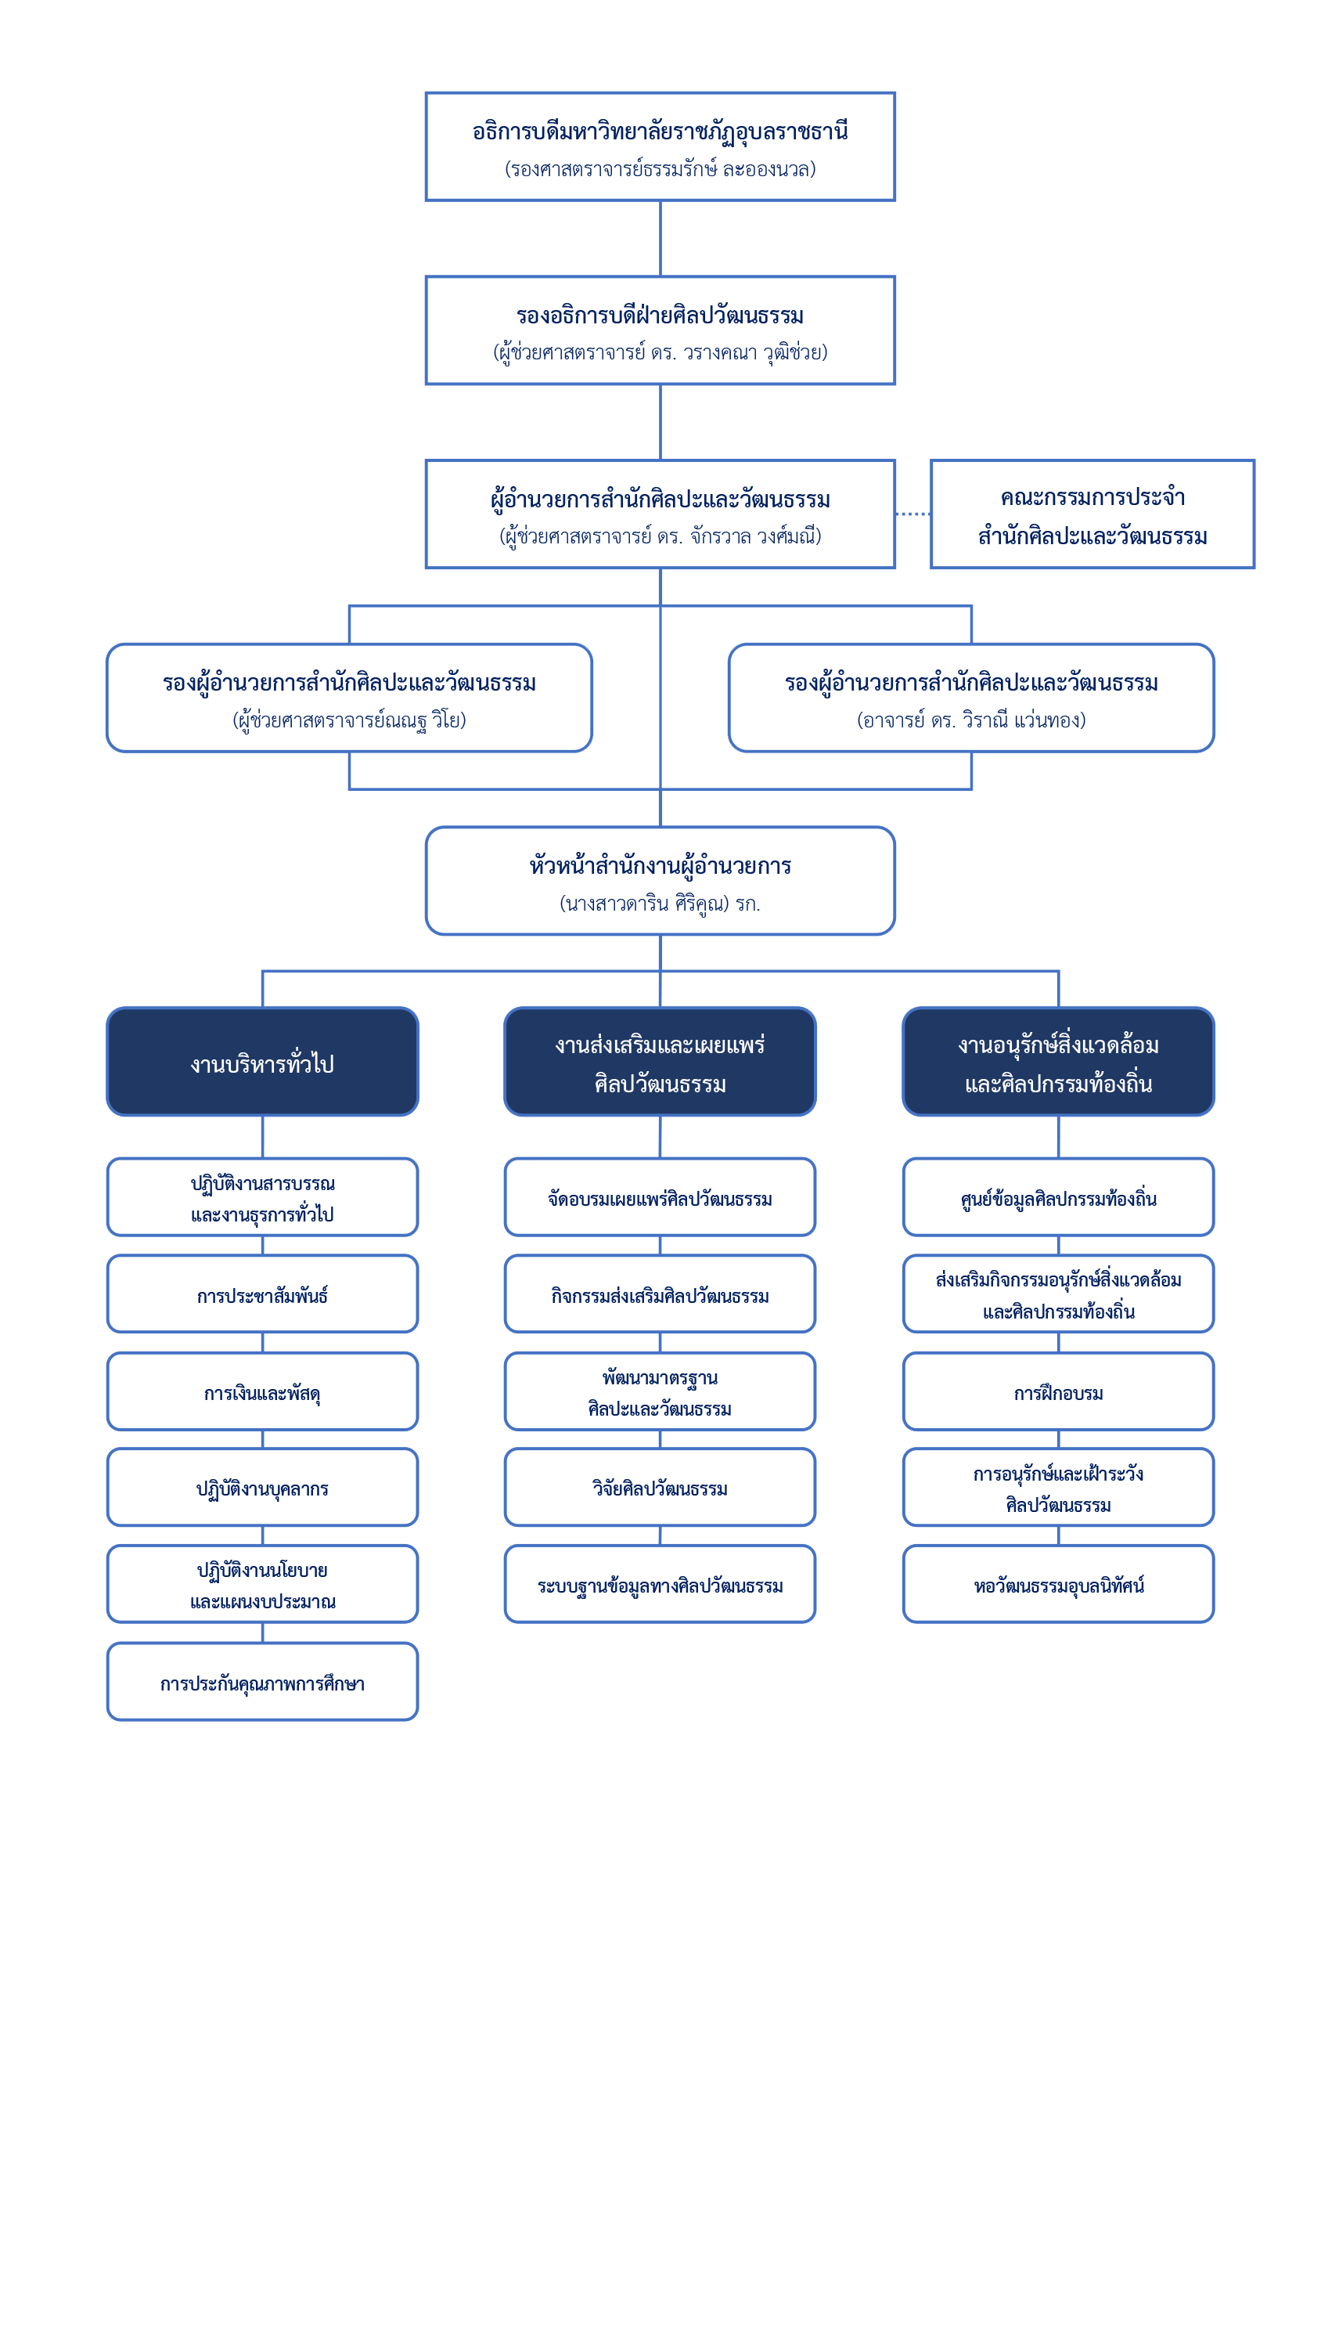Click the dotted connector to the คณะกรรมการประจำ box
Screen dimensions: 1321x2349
912,514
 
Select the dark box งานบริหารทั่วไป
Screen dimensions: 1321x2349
263,1062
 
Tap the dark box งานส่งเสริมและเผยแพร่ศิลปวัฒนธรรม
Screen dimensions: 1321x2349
660,1062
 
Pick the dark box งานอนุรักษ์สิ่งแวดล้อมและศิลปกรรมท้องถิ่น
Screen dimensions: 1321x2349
1058,1062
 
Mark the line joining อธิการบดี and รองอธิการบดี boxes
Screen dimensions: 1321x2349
660,239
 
